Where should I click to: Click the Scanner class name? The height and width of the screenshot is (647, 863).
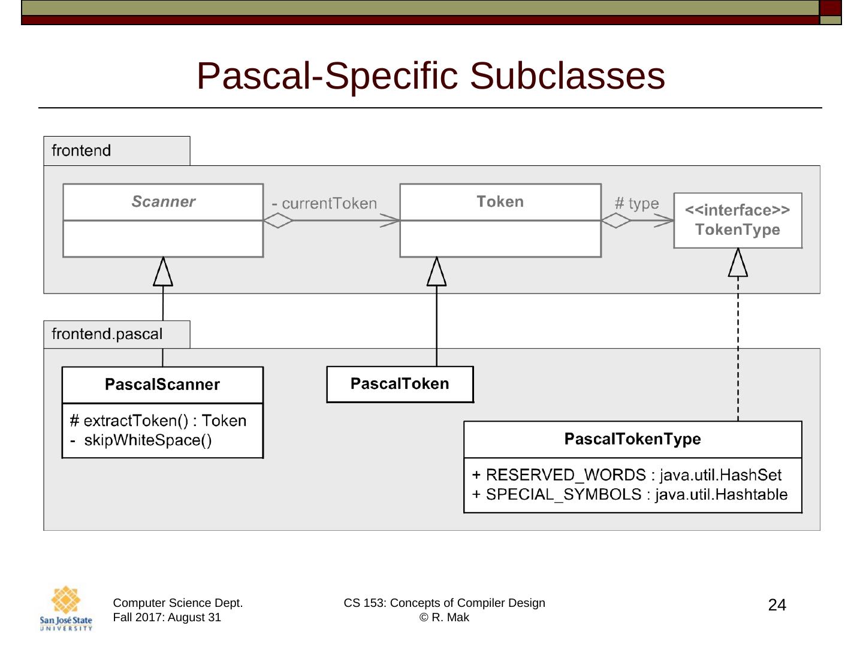[x=163, y=202]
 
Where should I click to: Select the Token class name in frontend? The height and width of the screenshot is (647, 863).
[x=500, y=202]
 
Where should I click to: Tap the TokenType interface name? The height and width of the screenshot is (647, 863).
[x=738, y=230]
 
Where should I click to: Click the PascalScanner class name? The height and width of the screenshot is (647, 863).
[x=162, y=385]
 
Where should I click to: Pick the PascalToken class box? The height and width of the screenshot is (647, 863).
[x=400, y=384]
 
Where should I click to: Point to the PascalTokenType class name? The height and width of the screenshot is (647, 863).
[x=632, y=439]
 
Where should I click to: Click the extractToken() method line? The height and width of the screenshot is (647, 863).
[x=158, y=421]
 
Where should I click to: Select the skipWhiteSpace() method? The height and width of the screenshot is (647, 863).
[x=147, y=440]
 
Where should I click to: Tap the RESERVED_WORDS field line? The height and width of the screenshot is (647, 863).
[x=627, y=475]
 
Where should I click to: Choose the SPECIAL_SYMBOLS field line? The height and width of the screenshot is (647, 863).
[x=630, y=495]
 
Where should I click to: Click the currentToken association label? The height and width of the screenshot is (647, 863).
[x=329, y=204]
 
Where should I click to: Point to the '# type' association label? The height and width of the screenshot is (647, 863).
[x=636, y=204]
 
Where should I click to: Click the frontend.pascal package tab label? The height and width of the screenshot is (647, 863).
[x=107, y=334]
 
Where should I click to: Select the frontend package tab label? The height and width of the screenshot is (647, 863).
[x=81, y=150]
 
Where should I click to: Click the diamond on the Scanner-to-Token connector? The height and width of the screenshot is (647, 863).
[x=278, y=220]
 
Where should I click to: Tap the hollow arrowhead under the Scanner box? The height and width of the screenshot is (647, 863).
[x=163, y=273]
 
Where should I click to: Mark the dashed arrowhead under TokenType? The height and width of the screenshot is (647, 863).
[x=738, y=264]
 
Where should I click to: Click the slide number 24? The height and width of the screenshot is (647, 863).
[x=777, y=605]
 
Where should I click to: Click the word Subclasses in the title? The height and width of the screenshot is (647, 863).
[x=567, y=76]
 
